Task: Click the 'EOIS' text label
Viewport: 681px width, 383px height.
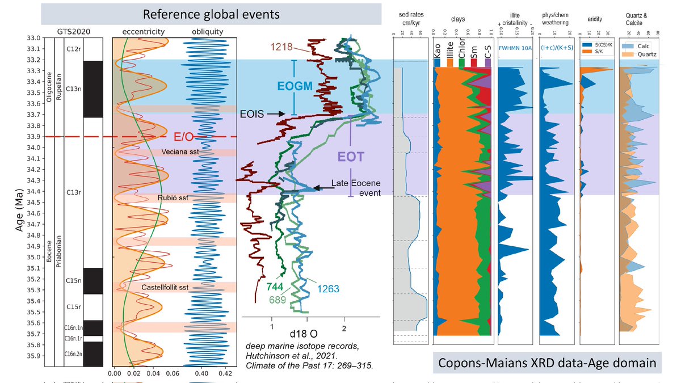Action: pos(251,114)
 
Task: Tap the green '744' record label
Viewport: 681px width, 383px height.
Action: pos(275,284)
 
